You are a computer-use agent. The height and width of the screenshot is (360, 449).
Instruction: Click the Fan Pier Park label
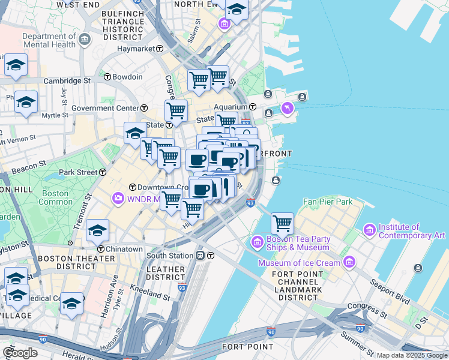tap(328, 202)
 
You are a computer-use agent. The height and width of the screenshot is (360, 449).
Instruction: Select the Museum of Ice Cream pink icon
tap(349, 262)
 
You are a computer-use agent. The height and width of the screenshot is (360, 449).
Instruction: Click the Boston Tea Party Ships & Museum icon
tap(257, 242)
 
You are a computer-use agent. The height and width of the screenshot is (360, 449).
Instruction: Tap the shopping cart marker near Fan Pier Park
tap(282, 224)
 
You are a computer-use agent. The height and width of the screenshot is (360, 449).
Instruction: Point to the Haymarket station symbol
tap(160, 49)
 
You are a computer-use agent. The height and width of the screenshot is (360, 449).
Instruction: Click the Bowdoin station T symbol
tap(107, 77)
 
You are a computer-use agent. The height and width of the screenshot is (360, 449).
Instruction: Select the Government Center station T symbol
tap(144, 108)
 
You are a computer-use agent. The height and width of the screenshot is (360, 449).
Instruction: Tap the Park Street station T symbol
tap(103, 172)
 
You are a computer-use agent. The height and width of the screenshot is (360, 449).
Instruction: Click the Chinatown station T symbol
tap(101, 249)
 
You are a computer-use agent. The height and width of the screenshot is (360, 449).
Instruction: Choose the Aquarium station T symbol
tap(253, 107)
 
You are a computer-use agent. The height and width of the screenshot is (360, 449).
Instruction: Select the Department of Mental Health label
tap(50, 40)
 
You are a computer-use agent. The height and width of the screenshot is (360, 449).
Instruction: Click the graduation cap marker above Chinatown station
tap(98, 230)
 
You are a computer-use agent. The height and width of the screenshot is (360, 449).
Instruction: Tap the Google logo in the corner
tap(20, 353)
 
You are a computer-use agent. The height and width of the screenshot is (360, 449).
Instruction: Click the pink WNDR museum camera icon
tap(117, 198)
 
